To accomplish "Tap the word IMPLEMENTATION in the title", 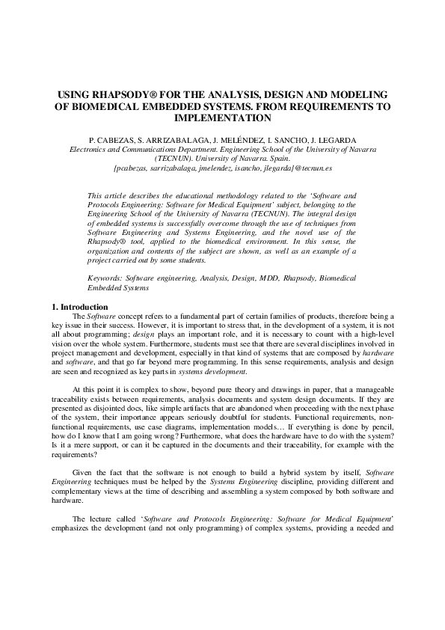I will tap(222, 117).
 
